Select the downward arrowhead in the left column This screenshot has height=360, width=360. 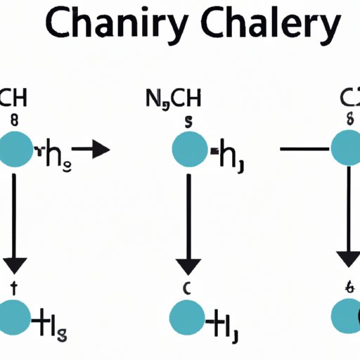click(15, 265)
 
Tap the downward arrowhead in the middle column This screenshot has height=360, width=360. click(188, 265)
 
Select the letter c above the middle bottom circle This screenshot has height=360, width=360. click(188, 288)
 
